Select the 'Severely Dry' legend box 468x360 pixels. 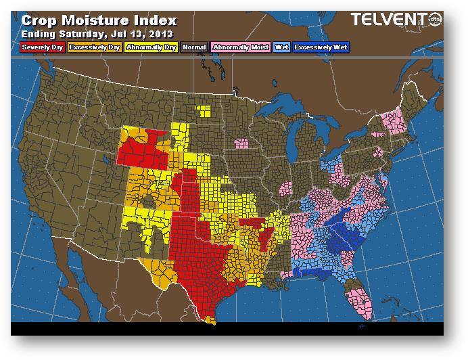(43, 47)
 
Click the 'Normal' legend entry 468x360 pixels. (193, 47)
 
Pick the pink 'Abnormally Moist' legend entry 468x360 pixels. (240, 47)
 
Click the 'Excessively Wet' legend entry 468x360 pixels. (320, 47)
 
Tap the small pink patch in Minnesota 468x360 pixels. (241, 143)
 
